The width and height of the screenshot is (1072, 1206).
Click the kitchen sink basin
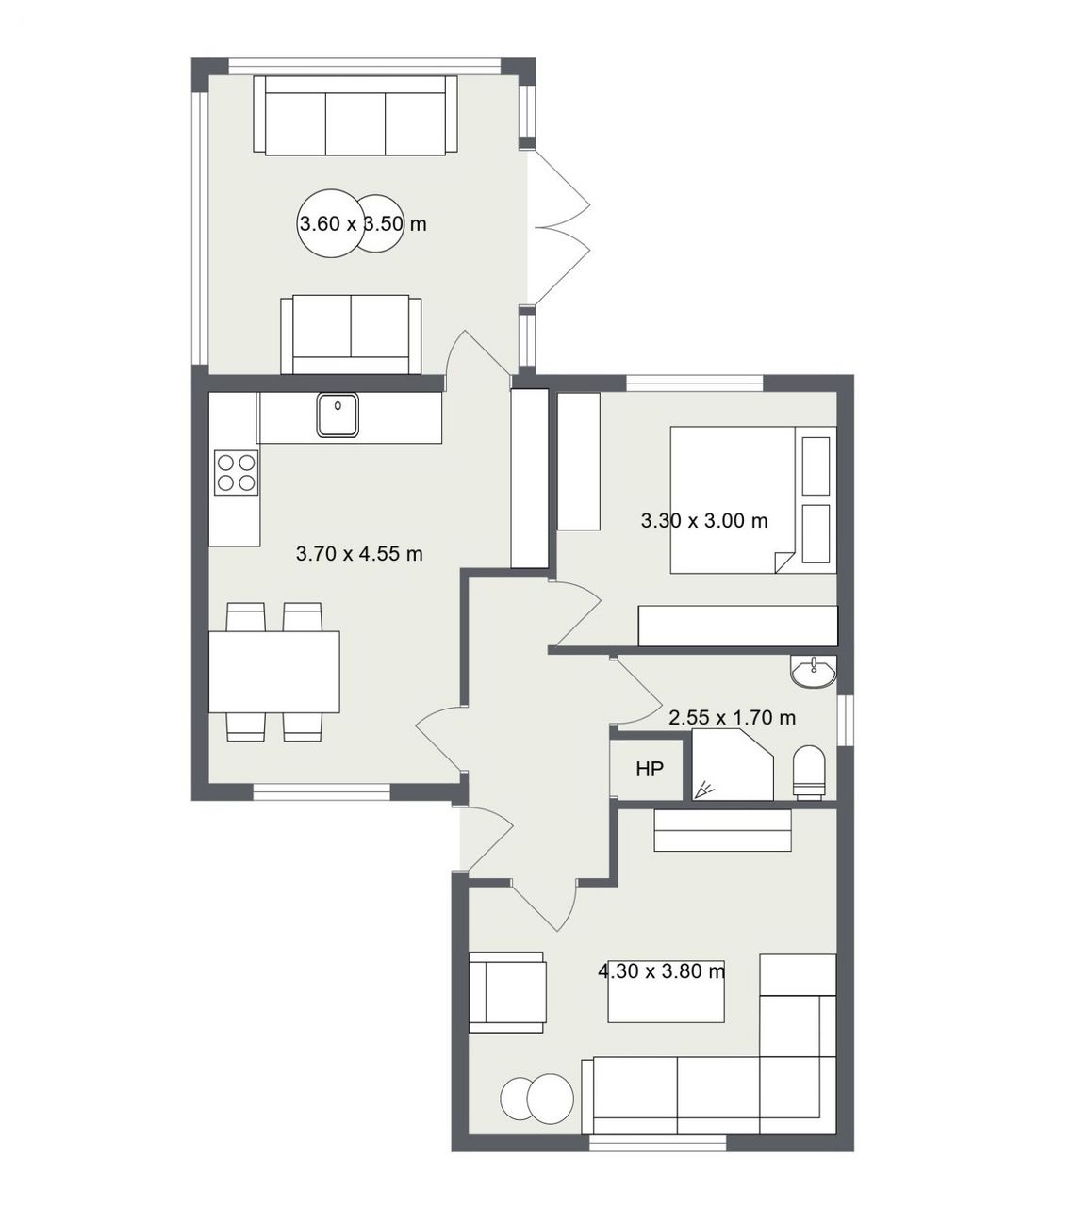point(338,415)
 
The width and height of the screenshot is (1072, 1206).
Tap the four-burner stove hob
point(237,473)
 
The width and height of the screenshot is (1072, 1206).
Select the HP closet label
point(650,770)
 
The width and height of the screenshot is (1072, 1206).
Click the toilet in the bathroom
point(810,771)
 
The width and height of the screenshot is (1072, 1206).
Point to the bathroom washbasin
point(814,672)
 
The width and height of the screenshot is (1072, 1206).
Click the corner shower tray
point(733,765)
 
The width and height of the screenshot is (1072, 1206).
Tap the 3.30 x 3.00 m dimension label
point(704,521)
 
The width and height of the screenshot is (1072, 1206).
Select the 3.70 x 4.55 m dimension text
point(359,554)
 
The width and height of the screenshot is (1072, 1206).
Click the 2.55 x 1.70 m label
point(733,718)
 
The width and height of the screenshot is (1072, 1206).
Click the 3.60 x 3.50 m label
point(363,224)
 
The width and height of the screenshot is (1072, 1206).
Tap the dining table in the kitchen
point(274,672)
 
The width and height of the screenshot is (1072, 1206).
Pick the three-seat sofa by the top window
point(355,116)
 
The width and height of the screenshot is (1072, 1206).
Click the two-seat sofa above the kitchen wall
point(351,334)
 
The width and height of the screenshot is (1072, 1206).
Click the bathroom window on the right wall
point(846,719)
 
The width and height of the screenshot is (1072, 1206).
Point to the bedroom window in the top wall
point(694,383)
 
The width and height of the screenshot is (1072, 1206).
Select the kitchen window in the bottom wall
point(322,791)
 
